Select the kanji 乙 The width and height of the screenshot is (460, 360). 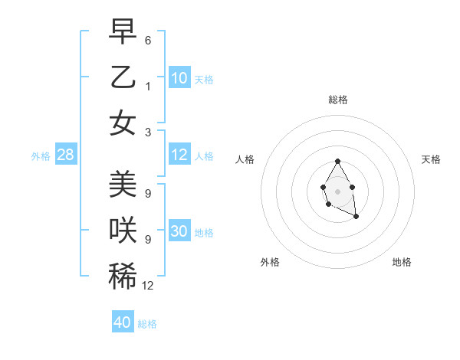click(x=123, y=77)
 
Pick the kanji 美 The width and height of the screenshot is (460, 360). click(x=123, y=184)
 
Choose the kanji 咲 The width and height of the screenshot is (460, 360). click(x=123, y=231)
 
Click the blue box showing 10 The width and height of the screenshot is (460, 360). click(x=179, y=78)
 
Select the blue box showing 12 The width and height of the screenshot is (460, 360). click(x=179, y=155)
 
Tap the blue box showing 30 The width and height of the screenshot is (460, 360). click(x=179, y=231)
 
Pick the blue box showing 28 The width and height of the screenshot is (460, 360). click(x=66, y=155)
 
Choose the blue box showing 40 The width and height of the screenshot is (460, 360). click(x=123, y=322)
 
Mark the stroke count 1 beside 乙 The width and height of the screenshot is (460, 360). click(x=148, y=87)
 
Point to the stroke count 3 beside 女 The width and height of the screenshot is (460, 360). click(x=148, y=133)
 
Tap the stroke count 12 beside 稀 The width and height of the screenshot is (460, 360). click(x=148, y=286)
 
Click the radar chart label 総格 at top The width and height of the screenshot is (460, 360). click(x=338, y=100)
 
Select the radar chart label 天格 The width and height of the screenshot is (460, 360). click(x=431, y=159)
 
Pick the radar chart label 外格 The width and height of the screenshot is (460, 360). click(x=270, y=262)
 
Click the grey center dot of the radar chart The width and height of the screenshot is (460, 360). click(x=337, y=190)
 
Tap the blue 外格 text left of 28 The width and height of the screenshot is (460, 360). click(x=41, y=155)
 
